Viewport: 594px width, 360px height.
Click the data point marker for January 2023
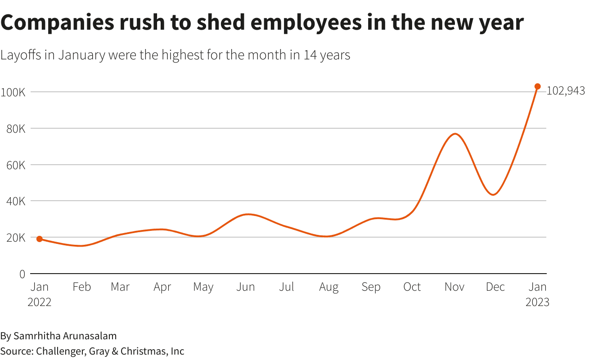(x=537, y=86)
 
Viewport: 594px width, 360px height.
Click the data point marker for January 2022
(x=40, y=239)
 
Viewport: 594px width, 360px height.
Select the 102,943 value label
(x=566, y=91)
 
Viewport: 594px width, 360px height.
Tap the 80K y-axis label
(x=15, y=129)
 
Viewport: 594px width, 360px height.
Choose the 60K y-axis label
(x=15, y=165)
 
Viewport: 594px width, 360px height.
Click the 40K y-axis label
(x=15, y=201)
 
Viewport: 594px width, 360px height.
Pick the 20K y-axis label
(x=15, y=238)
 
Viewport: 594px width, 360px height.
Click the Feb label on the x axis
(x=81, y=287)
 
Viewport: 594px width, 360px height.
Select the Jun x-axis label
(x=246, y=287)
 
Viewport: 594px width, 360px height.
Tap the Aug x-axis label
(x=328, y=287)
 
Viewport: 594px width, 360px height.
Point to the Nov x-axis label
(x=454, y=287)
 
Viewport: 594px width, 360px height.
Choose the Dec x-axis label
(x=495, y=287)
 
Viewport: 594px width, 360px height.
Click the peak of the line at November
(x=455, y=134)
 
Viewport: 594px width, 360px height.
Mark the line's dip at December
(x=494, y=194)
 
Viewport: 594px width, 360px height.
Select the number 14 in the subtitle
(x=310, y=55)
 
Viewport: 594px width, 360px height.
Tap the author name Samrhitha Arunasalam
(x=65, y=336)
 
